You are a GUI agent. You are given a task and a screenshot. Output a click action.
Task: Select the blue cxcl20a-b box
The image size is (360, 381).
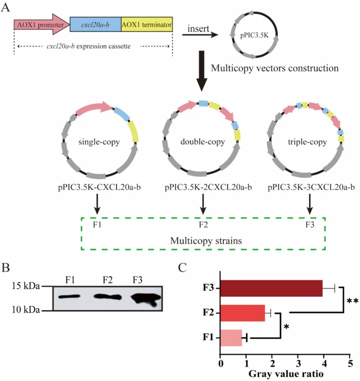[95, 24]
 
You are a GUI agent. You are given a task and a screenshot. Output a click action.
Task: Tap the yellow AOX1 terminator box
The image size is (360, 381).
[147, 24]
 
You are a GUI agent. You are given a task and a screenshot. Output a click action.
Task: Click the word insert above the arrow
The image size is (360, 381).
[198, 29]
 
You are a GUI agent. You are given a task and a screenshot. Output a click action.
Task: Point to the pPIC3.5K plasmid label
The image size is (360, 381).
[255, 35]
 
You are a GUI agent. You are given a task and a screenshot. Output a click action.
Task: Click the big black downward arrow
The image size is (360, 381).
[202, 71]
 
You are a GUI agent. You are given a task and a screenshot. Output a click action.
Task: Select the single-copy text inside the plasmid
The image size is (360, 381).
[99, 142]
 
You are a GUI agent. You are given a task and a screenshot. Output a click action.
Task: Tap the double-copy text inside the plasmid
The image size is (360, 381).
[203, 142]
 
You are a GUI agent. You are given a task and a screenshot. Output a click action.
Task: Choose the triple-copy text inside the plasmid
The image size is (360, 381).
[308, 142]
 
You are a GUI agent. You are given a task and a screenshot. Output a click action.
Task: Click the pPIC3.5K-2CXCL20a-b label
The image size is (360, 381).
[208, 187]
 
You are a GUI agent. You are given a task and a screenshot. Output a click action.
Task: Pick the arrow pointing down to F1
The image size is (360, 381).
[97, 204]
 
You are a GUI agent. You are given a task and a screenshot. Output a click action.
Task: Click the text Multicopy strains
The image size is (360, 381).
[206, 241]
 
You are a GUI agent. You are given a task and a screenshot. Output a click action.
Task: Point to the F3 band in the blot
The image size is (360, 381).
[146, 299]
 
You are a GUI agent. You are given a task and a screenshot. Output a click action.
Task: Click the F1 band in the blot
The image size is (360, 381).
[69, 296]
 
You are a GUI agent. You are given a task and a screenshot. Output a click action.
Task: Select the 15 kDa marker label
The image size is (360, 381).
[26, 286]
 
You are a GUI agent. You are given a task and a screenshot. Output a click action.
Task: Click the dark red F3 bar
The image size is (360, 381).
[271, 288]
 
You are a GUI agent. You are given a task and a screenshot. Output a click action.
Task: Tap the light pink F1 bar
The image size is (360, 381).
[231, 338]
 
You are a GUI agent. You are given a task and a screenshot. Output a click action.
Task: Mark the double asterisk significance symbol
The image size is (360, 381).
[352, 302]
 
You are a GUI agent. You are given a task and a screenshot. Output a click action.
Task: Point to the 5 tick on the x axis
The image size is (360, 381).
[349, 364]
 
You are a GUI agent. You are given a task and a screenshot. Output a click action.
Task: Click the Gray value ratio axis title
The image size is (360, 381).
[286, 374]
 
